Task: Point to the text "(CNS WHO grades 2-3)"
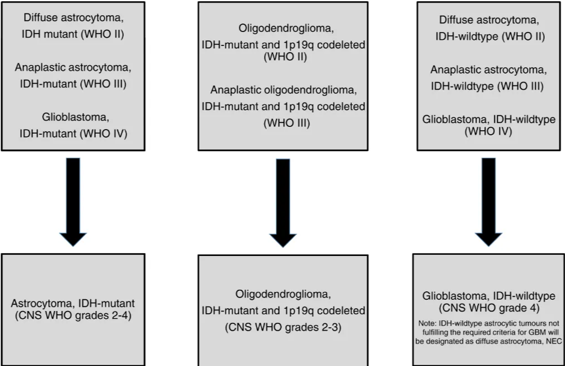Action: (x=283, y=327)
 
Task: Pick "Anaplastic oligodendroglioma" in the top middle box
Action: (x=283, y=90)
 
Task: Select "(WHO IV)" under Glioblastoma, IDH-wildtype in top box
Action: (x=488, y=131)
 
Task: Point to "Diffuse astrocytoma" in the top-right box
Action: (x=488, y=21)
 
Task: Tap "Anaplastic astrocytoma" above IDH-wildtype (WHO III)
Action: (x=488, y=70)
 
